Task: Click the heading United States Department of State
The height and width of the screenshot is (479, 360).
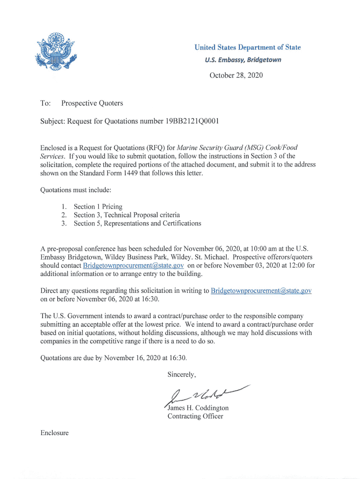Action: click(247, 47)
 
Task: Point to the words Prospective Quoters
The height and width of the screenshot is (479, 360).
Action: click(92, 103)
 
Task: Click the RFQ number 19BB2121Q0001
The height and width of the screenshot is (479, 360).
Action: click(191, 122)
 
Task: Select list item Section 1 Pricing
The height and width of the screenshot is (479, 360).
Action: click(98, 206)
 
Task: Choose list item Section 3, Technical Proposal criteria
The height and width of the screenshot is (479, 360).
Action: click(127, 215)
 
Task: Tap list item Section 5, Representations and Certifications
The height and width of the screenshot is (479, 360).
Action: click(137, 223)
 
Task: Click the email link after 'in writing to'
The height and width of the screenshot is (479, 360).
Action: click(261, 291)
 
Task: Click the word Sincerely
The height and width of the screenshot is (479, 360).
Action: click(182, 374)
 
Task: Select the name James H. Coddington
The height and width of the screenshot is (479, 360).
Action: click(198, 408)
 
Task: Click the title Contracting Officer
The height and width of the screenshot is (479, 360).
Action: click(195, 416)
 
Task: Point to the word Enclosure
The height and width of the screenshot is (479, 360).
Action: click(55, 433)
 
